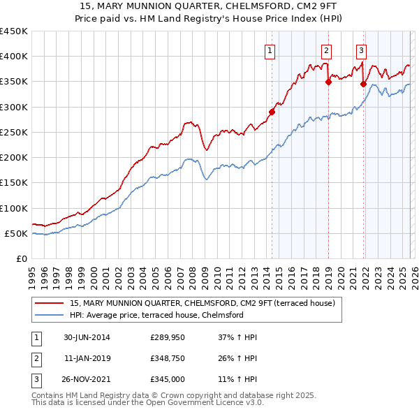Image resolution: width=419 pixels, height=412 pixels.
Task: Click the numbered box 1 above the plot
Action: click(x=270, y=50)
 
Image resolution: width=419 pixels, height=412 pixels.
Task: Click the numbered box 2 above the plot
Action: click(x=326, y=50)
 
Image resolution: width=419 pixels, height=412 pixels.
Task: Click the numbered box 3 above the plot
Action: click(x=361, y=50)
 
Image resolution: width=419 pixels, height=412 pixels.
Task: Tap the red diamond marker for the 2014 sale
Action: click(x=272, y=112)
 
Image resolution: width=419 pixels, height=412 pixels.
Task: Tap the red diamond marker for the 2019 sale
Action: click(x=328, y=82)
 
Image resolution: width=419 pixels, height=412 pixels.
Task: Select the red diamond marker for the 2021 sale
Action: click(x=364, y=84)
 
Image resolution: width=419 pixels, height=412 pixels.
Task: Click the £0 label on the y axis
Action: click(x=22, y=258)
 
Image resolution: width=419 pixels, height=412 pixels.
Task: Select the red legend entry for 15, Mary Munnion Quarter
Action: click(x=203, y=303)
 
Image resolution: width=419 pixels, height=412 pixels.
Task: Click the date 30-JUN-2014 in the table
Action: click(x=87, y=337)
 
